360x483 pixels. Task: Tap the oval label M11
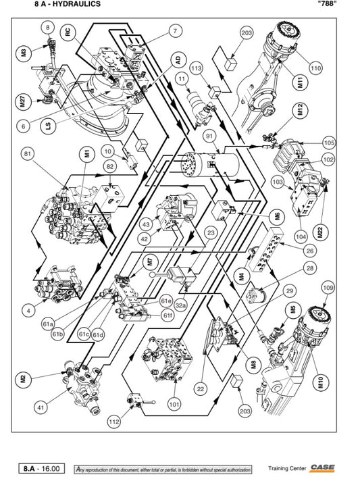(x=302, y=83)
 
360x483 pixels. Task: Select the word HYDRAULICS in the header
(x=76, y=4)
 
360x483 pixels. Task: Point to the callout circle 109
(x=328, y=288)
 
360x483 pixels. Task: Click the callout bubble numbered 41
(x=41, y=407)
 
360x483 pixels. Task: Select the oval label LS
(x=49, y=126)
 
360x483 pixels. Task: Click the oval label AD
(x=178, y=60)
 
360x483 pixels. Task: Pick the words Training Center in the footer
(x=287, y=468)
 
